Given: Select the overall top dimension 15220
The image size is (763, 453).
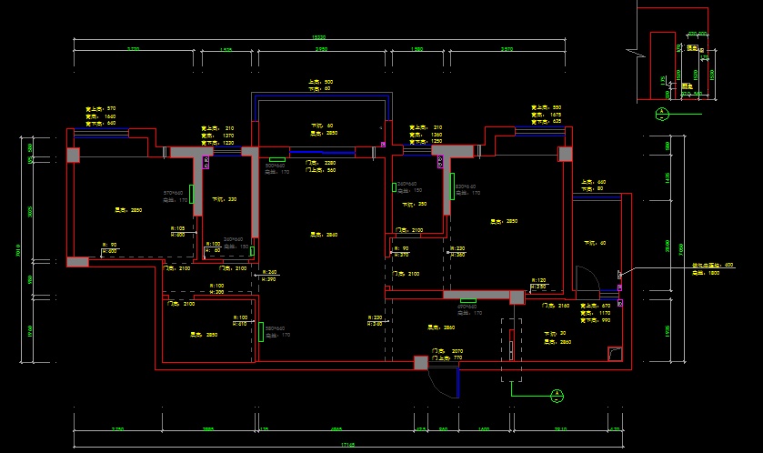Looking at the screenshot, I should [x=318, y=37].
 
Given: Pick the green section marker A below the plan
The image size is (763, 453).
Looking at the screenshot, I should [x=554, y=395].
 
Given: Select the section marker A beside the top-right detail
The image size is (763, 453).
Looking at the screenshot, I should [x=662, y=113].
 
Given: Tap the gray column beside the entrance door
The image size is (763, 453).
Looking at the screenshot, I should [x=420, y=363].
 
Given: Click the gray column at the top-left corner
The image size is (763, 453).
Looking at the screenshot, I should [x=74, y=156].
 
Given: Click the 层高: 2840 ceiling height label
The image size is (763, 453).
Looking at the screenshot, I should [x=324, y=235].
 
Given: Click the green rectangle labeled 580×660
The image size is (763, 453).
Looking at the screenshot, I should [x=261, y=331].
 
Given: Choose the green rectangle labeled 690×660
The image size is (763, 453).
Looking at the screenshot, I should [x=468, y=301].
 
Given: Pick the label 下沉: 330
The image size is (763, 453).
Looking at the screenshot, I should [x=225, y=199].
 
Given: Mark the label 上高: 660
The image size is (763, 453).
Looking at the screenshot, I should [x=593, y=182].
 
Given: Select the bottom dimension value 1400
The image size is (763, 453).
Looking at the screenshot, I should [x=484, y=428].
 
